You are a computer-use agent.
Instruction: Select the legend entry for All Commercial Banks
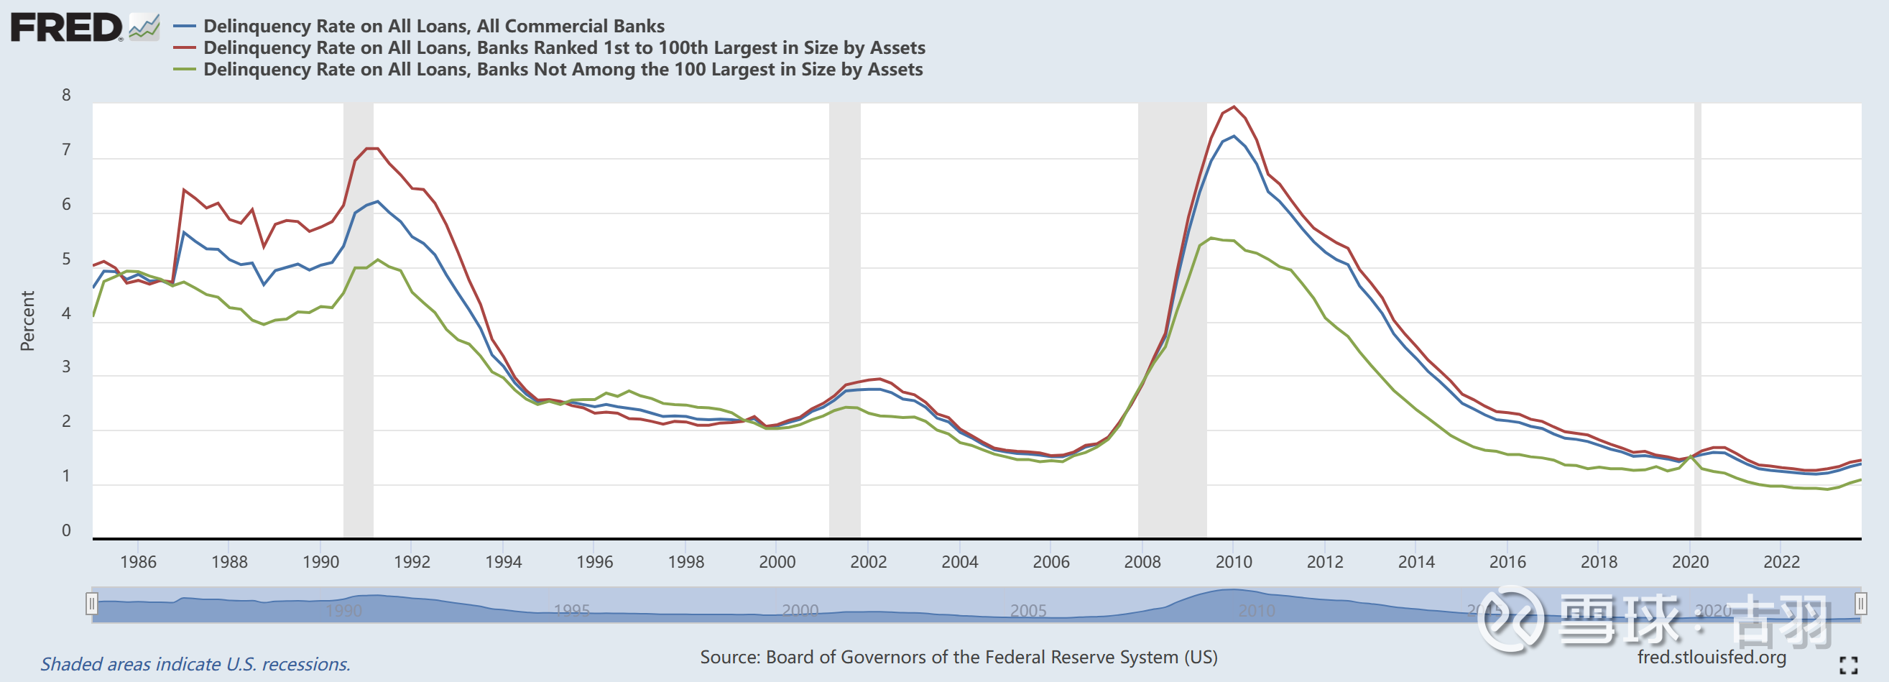(x=433, y=26)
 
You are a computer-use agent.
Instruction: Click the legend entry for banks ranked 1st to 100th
(x=563, y=47)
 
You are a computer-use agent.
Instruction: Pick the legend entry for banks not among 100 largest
(x=563, y=70)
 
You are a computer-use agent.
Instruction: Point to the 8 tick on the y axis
(x=66, y=96)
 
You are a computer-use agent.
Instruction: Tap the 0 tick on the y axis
(x=66, y=530)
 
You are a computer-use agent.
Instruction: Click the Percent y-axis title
(x=27, y=321)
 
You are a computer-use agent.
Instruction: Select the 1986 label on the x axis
(x=138, y=562)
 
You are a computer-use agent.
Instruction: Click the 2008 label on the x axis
(x=1142, y=562)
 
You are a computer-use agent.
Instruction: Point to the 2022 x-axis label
(x=1781, y=562)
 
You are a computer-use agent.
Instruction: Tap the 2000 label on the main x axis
(x=777, y=562)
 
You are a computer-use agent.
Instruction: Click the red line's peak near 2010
(x=1234, y=107)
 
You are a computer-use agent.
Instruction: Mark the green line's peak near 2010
(x=1211, y=239)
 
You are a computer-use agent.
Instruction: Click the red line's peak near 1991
(x=371, y=149)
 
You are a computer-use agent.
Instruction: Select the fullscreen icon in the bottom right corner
(x=1848, y=665)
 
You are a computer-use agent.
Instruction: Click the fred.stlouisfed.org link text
(x=1712, y=657)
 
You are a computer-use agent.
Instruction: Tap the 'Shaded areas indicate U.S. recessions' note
(x=195, y=663)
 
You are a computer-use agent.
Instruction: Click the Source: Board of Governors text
(x=958, y=657)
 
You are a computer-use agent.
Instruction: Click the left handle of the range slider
(x=92, y=604)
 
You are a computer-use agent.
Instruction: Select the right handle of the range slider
(x=1860, y=604)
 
